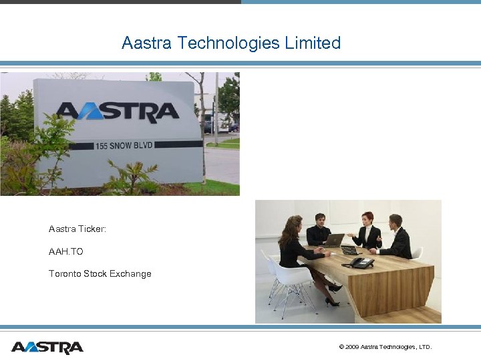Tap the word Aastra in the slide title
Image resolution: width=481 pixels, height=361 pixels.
146,43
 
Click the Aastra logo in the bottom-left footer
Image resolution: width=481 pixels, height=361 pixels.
47,348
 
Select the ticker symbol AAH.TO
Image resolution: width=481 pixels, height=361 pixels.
66,251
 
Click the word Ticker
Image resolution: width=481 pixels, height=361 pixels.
92,229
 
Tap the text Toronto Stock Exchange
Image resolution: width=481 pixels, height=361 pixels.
100,273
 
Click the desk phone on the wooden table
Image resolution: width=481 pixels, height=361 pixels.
360,263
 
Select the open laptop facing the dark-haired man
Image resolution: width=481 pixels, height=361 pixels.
333,240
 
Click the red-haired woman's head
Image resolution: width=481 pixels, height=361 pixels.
367,219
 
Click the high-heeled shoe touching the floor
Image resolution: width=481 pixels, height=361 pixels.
332,302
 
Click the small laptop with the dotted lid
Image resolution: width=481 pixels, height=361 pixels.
349,249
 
